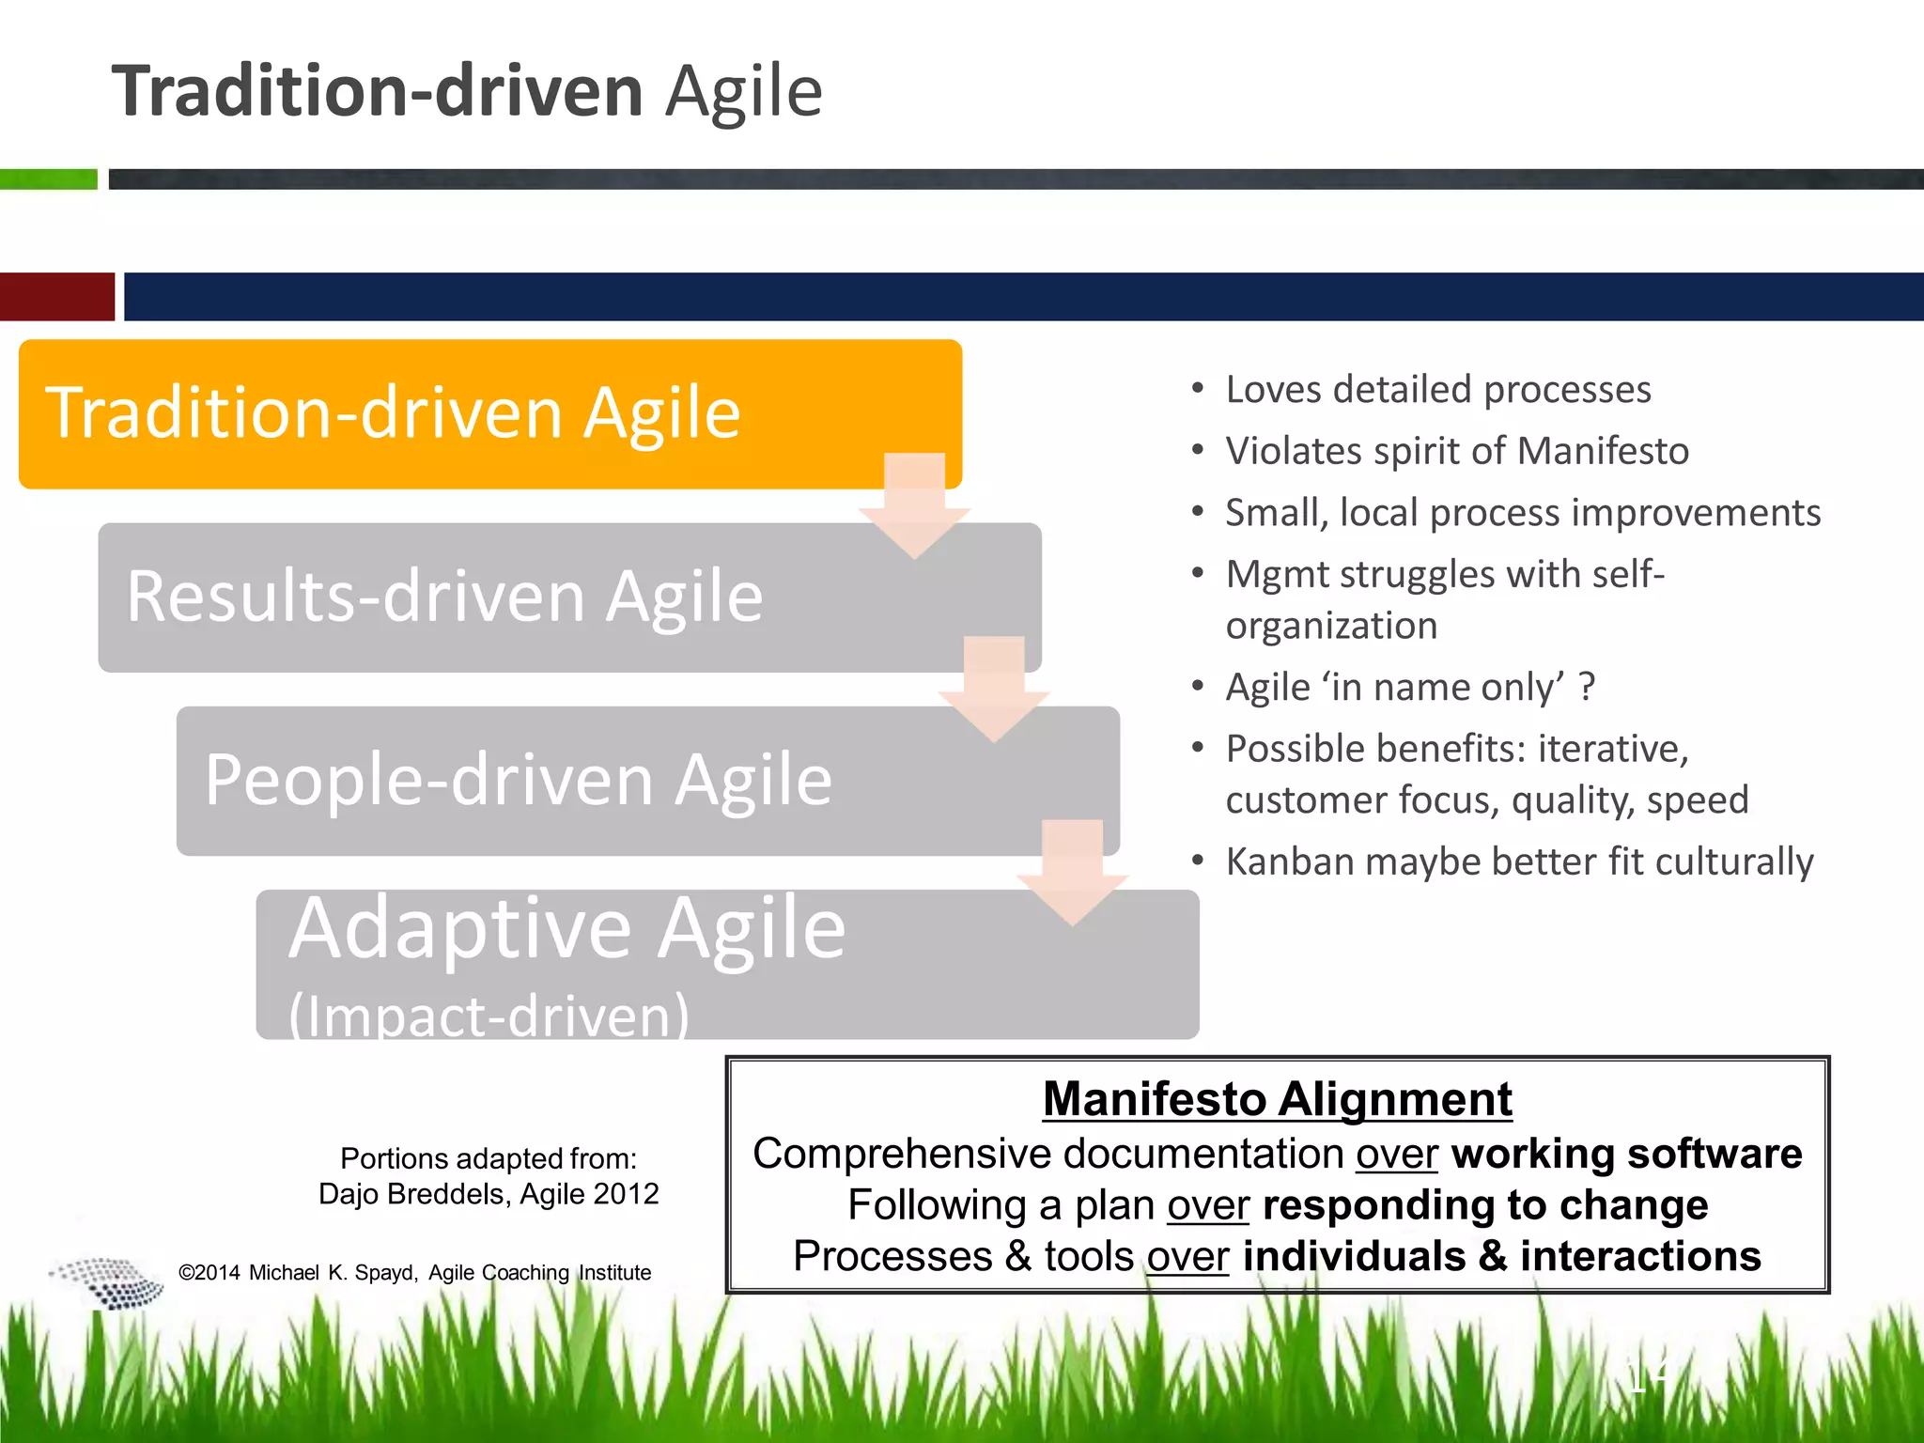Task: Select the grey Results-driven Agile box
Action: pyautogui.click(x=470, y=597)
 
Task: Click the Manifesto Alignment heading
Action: pyautogui.click(x=1278, y=1098)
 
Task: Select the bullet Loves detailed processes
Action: pyautogui.click(x=1437, y=389)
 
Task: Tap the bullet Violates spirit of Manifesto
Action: pyautogui.click(x=1456, y=451)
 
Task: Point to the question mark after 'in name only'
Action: pyautogui.click(x=1587, y=687)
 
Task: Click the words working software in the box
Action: pyautogui.click(x=1626, y=1154)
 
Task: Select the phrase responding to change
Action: pyautogui.click(x=1484, y=1205)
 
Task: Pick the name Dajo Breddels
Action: pyautogui.click(x=414, y=1194)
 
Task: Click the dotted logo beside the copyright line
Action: pyautogui.click(x=108, y=1282)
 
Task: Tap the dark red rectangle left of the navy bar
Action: pyautogui.click(x=56, y=297)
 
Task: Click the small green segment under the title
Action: pyautogui.click(x=48, y=179)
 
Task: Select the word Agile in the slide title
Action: pyautogui.click(x=743, y=91)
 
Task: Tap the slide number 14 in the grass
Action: pyautogui.click(x=1649, y=1375)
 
